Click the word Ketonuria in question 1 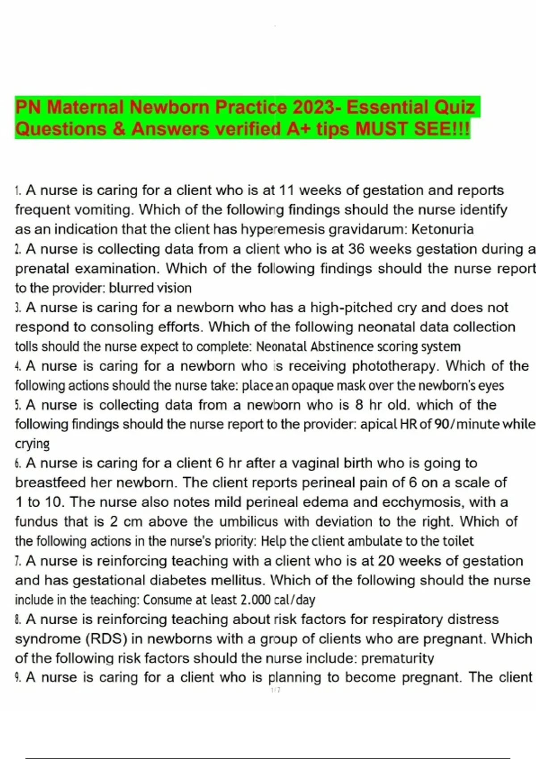click(442, 229)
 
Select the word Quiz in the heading click(454, 108)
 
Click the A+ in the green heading click(299, 129)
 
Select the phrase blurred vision click(150, 288)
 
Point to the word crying click(32, 444)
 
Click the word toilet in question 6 click(458, 541)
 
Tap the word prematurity click(398, 658)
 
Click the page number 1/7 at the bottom click(276, 690)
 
